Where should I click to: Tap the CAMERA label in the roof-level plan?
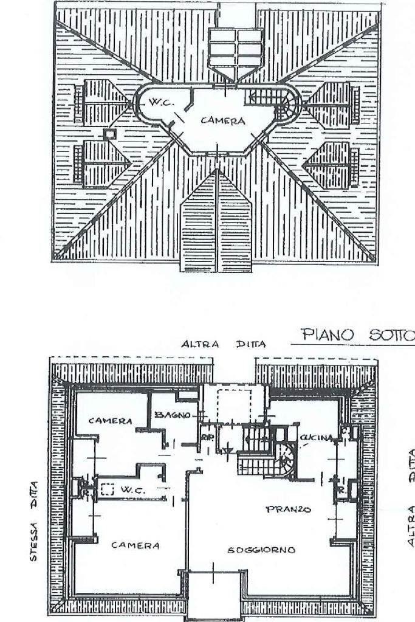(x=223, y=120)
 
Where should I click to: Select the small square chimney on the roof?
(x=110, y=133)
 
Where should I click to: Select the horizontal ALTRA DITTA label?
(x=224, y=344)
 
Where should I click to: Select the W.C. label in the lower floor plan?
(x=131, y=488)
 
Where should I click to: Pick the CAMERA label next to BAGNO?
(x=110, y=420)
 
